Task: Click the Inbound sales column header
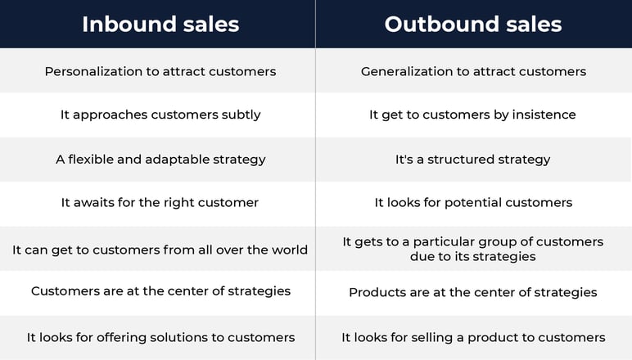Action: (x=160, y=25)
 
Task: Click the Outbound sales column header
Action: (x=473, y=25)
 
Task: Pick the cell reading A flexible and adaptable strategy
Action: (x=160, y=160)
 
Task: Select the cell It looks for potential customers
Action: (x=473, y=203)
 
